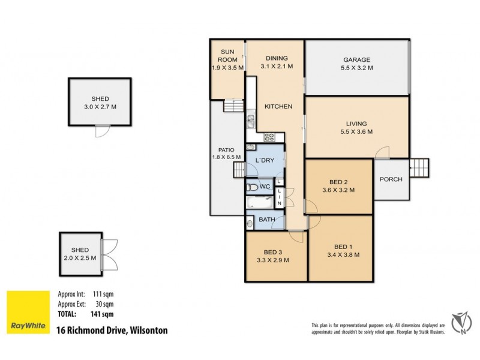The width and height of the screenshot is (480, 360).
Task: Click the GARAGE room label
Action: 357,60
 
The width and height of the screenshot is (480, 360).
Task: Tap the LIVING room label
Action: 357,124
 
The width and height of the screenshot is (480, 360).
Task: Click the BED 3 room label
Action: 273,252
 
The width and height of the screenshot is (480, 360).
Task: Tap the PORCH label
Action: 391,179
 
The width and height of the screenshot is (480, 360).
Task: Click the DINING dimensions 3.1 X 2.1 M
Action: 277,67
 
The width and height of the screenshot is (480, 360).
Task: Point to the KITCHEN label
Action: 278,107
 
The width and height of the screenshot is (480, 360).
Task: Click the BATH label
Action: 267,220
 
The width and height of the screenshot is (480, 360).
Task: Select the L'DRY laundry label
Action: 265,161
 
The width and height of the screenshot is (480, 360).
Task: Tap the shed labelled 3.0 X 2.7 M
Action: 99,102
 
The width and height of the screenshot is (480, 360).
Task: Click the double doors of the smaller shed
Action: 109,254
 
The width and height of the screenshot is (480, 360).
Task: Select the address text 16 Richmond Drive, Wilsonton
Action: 112,330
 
